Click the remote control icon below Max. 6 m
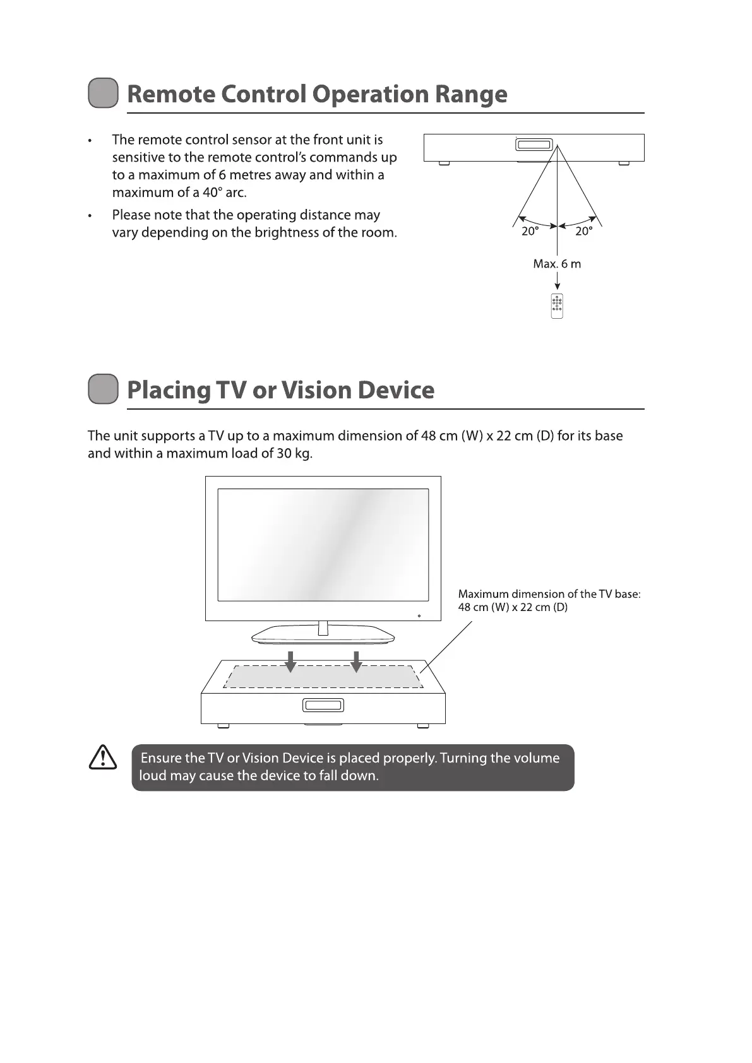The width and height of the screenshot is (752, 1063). [557, 306]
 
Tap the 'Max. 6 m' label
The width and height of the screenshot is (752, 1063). [557, 264]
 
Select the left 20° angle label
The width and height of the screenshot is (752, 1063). [530, 232]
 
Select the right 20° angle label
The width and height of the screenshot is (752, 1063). [584, 232]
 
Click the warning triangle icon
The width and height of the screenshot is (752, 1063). [103, 757]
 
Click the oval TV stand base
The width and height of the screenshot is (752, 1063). [323, 635]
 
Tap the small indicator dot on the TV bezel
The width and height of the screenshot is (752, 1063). [419, 615]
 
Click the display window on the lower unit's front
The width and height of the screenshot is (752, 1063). [323, 705]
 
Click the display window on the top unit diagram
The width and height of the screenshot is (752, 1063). [534, 145]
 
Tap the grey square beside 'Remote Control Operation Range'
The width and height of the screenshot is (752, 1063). [103, 93]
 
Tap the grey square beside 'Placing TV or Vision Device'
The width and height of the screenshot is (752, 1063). [103, 389]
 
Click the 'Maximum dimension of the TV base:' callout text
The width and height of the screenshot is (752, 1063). [549, 594]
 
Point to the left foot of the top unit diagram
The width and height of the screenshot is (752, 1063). [444, 163]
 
